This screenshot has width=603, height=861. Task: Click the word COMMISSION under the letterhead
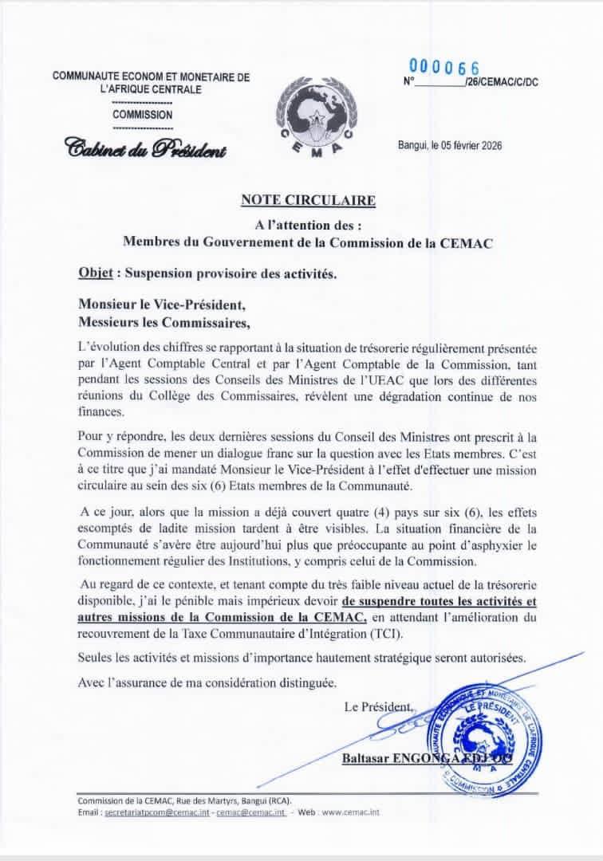(142, 115)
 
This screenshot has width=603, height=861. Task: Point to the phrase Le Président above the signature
(378, 706)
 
